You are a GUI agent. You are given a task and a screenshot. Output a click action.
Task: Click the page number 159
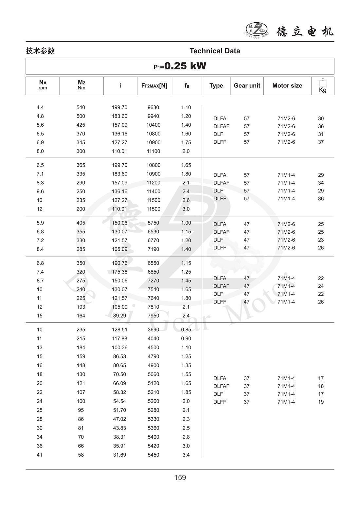pyautogui.click(x=180, y=477)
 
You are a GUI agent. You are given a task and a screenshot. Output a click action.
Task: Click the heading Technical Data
pyautogui.click(x=215, y=51)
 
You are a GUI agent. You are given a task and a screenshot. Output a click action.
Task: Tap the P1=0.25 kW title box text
pyautogui.click(x=180, y=66)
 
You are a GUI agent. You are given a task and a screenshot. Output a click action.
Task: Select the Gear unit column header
pyautogui.click(x=247, y=85)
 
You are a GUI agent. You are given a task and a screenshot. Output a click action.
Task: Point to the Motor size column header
pyautogui.click(x=287, y=85)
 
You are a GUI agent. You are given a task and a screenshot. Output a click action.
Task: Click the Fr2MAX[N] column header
pyautogui.click(x=154, y=85)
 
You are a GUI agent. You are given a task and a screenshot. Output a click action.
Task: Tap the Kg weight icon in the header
pyautogui.click(x=323, y=86)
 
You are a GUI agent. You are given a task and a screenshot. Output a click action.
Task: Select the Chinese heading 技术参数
pyautogui.click(x=40, y=51)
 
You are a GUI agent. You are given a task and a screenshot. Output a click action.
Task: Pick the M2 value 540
pyautogui.click(x=81, y=107)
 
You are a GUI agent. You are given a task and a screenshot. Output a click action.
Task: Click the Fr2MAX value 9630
pyautogui.click(x=153, y=107)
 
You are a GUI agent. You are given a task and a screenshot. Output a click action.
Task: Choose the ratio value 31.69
pyautogui.click(x=119, y=455)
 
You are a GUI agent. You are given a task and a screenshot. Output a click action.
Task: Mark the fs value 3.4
pyautogui.click(x=186, y=455)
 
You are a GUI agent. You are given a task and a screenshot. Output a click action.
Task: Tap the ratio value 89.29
pyautogui.click(x=119, y=316)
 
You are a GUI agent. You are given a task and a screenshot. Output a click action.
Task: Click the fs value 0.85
pyautogui.click(x=186, y=330)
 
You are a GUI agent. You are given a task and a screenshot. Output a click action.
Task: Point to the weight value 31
pyautogui.click(x=321, y=134)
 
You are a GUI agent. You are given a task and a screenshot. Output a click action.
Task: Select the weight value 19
pyautogui.click(x=321, y=402)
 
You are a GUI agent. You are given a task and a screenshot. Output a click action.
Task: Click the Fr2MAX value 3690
pyautogui.click(x=153, y=330)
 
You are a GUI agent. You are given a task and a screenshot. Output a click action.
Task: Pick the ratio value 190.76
pyautogui.click(x=119, y=263)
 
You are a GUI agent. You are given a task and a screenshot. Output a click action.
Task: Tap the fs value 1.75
pyautogui.click(x=186, y=142)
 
